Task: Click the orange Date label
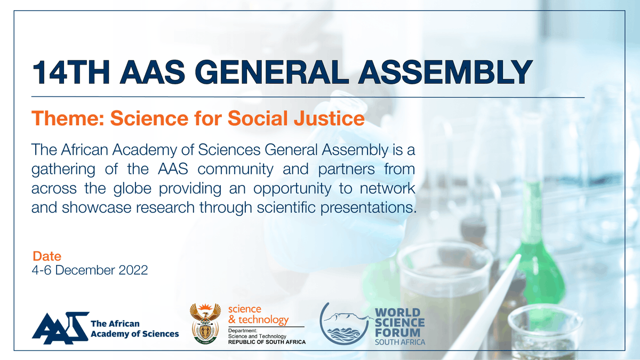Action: (x=47, y=256)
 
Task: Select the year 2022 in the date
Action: (x=131, y=270)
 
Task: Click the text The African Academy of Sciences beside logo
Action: (x=135, y=329)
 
